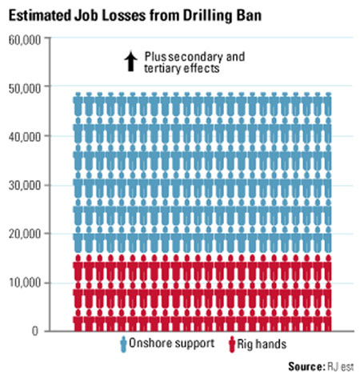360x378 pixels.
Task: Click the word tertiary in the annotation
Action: [x=164, y=69]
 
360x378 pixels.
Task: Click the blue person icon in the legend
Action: [x=123, y=344]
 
